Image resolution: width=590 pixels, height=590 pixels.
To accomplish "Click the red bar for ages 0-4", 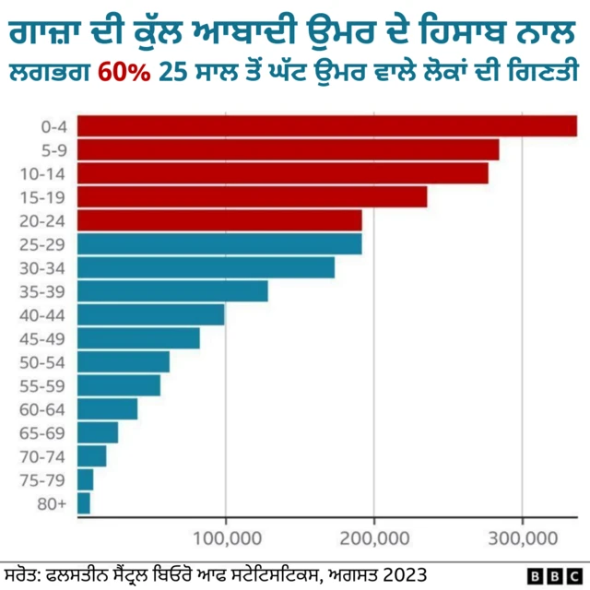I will (x=326, y=125).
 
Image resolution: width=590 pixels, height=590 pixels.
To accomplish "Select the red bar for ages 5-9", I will (x=288, y=149).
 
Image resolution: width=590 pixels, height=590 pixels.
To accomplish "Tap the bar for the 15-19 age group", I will (x=252, y=196).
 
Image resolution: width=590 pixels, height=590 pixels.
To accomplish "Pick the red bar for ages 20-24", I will (x=219, y=220).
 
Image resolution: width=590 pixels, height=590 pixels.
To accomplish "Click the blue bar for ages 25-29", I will (x=219, y=243).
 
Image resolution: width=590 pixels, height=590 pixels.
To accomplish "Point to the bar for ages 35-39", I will (x=172, y=290).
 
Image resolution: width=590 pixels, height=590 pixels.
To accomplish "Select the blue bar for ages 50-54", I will (x=124, y=361).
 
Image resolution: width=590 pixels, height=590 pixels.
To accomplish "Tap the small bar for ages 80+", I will (x=84, y=503).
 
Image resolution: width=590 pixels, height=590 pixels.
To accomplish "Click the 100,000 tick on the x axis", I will (x=225, y=537).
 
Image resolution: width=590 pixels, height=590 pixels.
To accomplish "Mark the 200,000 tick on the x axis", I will (x=373, y=537).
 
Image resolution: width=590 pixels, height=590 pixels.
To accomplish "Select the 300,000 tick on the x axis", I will (x=523, y=537).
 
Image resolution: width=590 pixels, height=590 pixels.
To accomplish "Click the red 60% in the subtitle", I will (x=125, y=71).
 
